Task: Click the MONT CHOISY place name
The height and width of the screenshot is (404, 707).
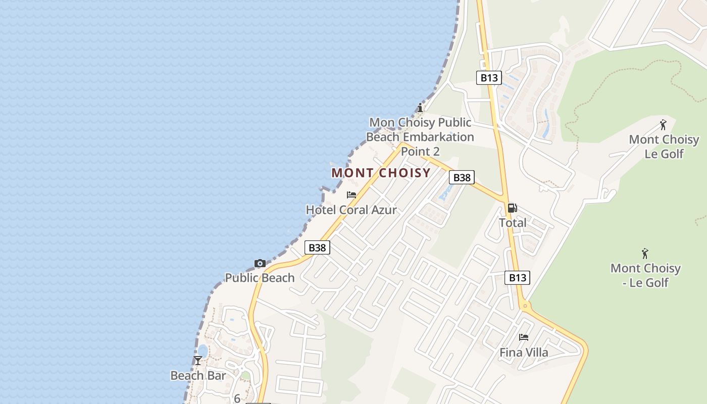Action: click(381, 173)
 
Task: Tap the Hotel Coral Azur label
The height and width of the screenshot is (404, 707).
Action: click(351, 210)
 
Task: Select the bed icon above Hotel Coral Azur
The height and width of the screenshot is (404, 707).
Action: click(351, 195)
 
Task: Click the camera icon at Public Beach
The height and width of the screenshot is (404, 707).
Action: click(260, 263)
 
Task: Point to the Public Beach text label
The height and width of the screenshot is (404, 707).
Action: click(260, 278)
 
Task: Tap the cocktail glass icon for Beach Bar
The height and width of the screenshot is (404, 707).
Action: click(197, 361)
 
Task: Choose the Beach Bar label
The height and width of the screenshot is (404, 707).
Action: click(198, 376)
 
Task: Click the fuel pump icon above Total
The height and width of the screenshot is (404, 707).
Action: click(512, 208)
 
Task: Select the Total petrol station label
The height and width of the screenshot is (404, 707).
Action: click(513, 223)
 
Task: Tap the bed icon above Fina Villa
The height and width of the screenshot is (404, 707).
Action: click(524, 337)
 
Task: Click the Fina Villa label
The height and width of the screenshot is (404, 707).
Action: click(524, 352)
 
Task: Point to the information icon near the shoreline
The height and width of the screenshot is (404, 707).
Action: click(420, 108)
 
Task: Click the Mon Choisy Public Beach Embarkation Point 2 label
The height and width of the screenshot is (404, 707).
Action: click(420, 137)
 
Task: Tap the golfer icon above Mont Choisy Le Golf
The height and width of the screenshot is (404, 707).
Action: click(663, 125)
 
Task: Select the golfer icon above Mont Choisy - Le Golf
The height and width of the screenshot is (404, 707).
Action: click(645, 254)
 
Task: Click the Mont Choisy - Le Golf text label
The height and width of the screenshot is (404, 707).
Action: click(645, 275)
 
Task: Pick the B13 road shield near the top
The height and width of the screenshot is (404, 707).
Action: click(489, 78)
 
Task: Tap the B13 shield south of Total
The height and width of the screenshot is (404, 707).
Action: click(517, 277)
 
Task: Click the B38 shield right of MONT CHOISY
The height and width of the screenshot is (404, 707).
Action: click(462, 177)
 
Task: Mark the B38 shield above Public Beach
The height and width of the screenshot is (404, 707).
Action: click(317, 247)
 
